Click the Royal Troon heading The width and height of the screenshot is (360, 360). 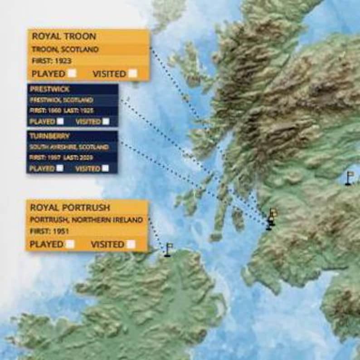click(x=64, y=36)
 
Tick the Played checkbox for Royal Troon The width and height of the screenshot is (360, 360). click(x=72, y=73)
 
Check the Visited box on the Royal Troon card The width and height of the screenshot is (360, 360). click(x=132, y=73)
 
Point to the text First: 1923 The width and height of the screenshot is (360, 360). click(x=52, y=61)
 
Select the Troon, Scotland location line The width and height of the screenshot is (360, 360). click(x=65, y=49)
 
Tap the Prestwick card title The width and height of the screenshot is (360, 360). click(x=49, y=89)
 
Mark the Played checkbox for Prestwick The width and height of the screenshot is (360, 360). click(x=60, y=121)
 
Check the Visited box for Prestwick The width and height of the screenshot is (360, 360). click(x=106, y=121)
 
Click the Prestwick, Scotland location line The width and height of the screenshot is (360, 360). click(x=61, y=100)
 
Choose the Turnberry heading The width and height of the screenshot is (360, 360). click(x=49, y=136)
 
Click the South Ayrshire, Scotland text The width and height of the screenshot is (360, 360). click(x=68, y=147)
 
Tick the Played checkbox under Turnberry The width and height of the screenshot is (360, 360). click(x=60, y=168)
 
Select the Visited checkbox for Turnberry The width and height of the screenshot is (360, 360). click(x=105, y=168)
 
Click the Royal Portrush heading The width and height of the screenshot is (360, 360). click(x=70, y=208)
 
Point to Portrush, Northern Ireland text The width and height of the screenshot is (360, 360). click(x=86, y=220)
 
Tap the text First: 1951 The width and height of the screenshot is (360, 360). click(x=49, y=231)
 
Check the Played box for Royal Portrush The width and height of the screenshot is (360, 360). click(x=70, y=244)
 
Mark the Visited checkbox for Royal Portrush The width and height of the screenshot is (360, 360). click(x=131, y=244)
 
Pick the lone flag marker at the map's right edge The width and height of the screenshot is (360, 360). click(x=349, y=178)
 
